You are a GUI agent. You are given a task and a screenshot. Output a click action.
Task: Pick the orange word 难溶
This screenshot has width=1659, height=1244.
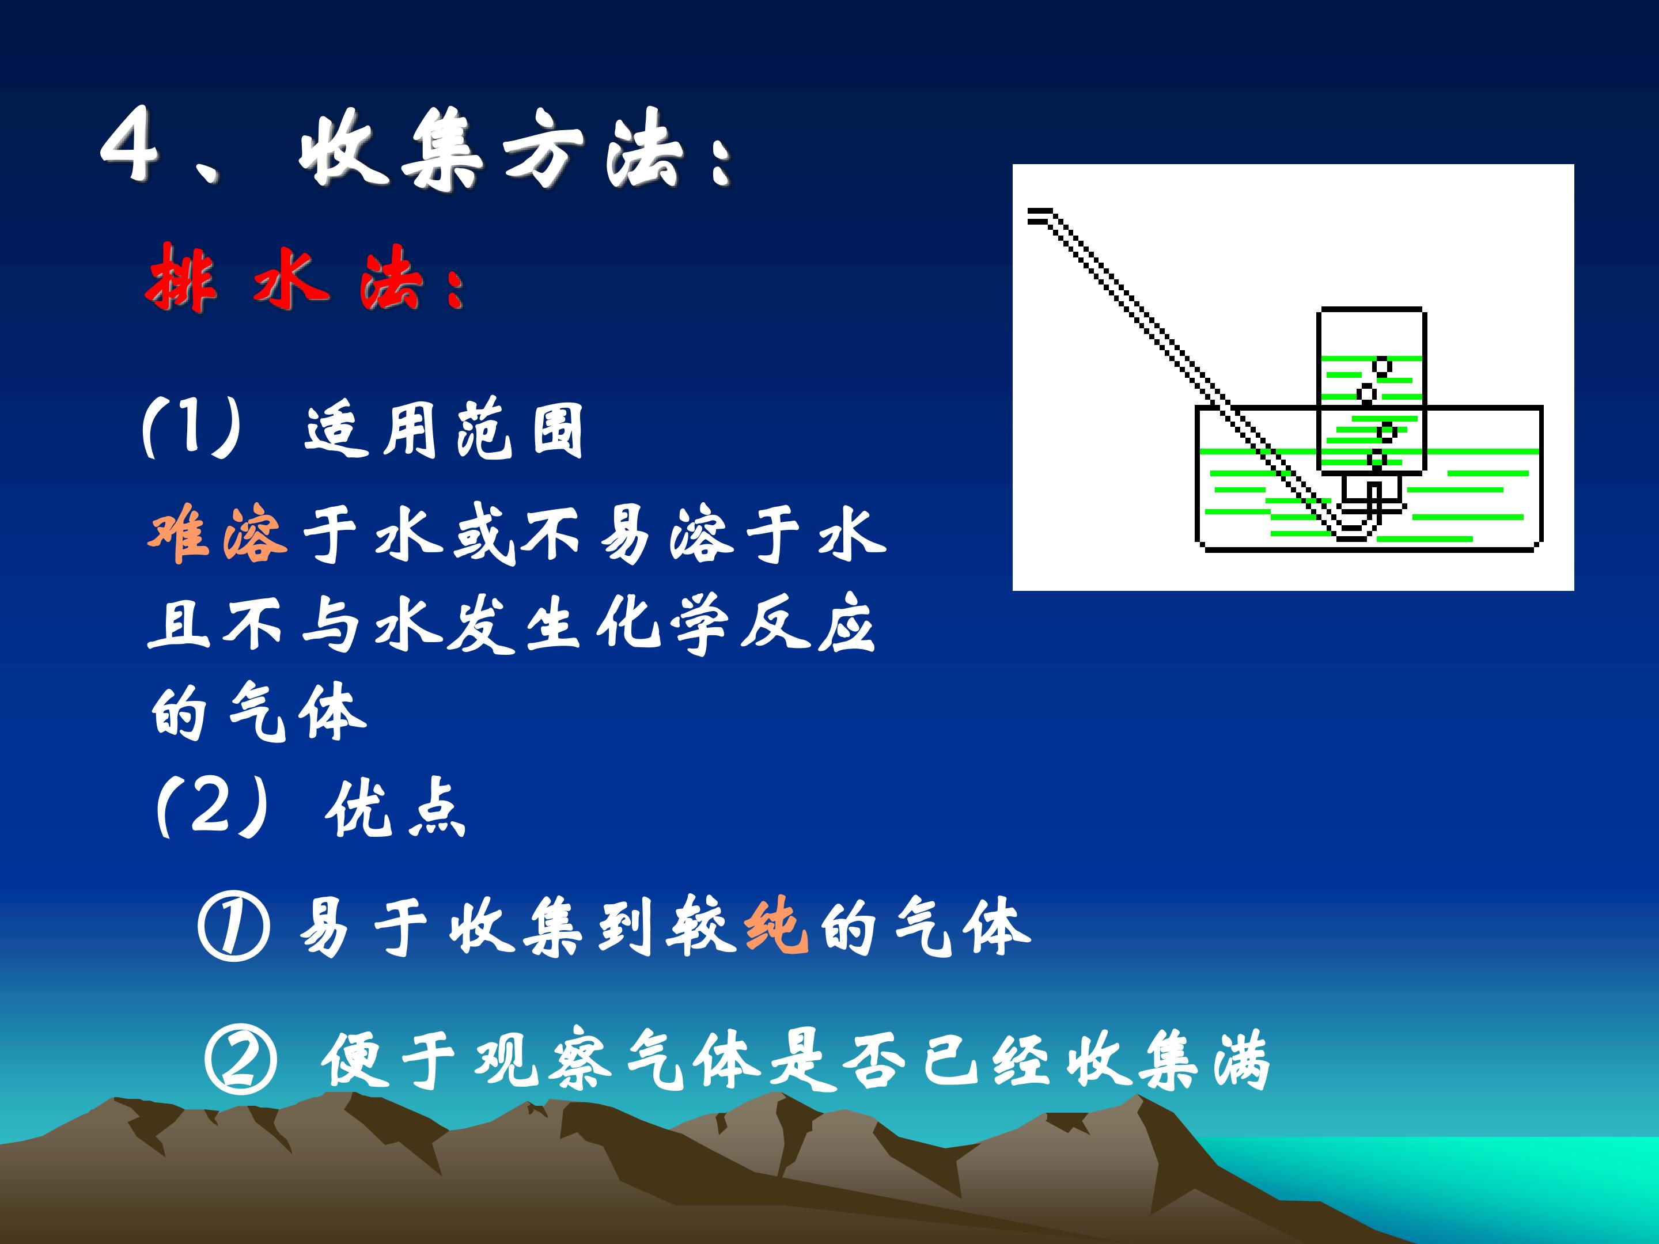click(218, 534)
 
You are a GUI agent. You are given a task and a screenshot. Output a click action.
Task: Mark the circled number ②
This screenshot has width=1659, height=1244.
click(240, 1061)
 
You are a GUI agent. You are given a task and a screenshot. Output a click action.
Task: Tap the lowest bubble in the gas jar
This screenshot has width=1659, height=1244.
click(1376, 458)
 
